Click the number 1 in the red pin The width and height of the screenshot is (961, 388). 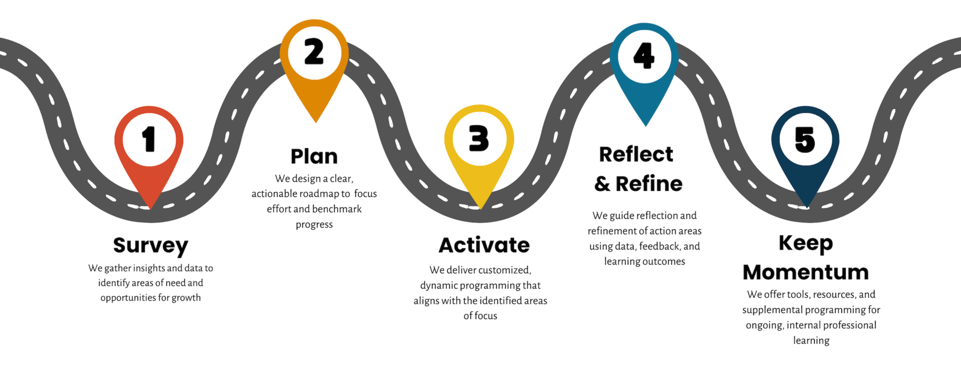pyautogui.click(x=149, y=139)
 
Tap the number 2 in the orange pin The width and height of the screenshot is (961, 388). pyautogui.click(x=314, y=52)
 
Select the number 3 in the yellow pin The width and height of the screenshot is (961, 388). pyautogui.click(x=479, y=138)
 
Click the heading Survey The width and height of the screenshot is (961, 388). pyautogui.click(x=150, y=245)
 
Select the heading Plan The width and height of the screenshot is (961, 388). pyautogui.click(x=314, y=157)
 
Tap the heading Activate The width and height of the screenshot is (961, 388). pyautogui.click(x=484, y=245)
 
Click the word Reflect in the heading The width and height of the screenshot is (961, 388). pyautogui.click(x=636, y=155)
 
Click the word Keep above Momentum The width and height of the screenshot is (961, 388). pyautogui.click(x=806, y=243)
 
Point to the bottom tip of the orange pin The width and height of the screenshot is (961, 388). pyautogui.click(x=316, y=122)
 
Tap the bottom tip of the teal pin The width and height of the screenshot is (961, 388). pyautogui.click(x=645, y=125)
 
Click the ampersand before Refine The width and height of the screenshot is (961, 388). pyautogui.click(x=602, y=184)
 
